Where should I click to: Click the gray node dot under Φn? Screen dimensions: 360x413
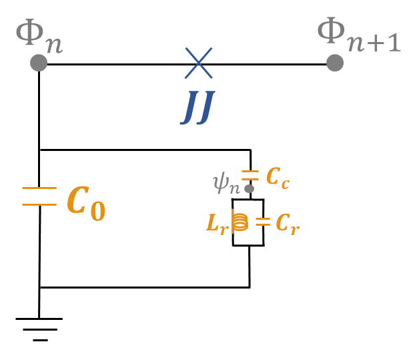point(39,63)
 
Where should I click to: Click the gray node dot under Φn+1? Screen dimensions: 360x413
point(335,63)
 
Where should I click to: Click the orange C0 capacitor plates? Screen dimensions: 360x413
point(39,196)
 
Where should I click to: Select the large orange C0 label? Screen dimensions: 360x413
point(85,203)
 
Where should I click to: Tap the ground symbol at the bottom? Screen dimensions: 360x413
point(39,328)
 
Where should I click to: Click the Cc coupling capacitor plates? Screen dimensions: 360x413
point(250,176)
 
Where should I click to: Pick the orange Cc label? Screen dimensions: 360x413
point(278,177)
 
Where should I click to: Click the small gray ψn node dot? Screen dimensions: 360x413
point(249,189)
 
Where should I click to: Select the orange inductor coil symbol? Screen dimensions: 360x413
point(240,222)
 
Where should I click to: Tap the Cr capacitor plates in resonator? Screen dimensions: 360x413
point(263,222)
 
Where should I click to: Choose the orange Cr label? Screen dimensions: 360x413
point(288,224)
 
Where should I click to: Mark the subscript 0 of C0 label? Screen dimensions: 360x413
point(97,212)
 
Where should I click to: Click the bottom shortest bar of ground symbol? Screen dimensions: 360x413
point(40,340)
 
